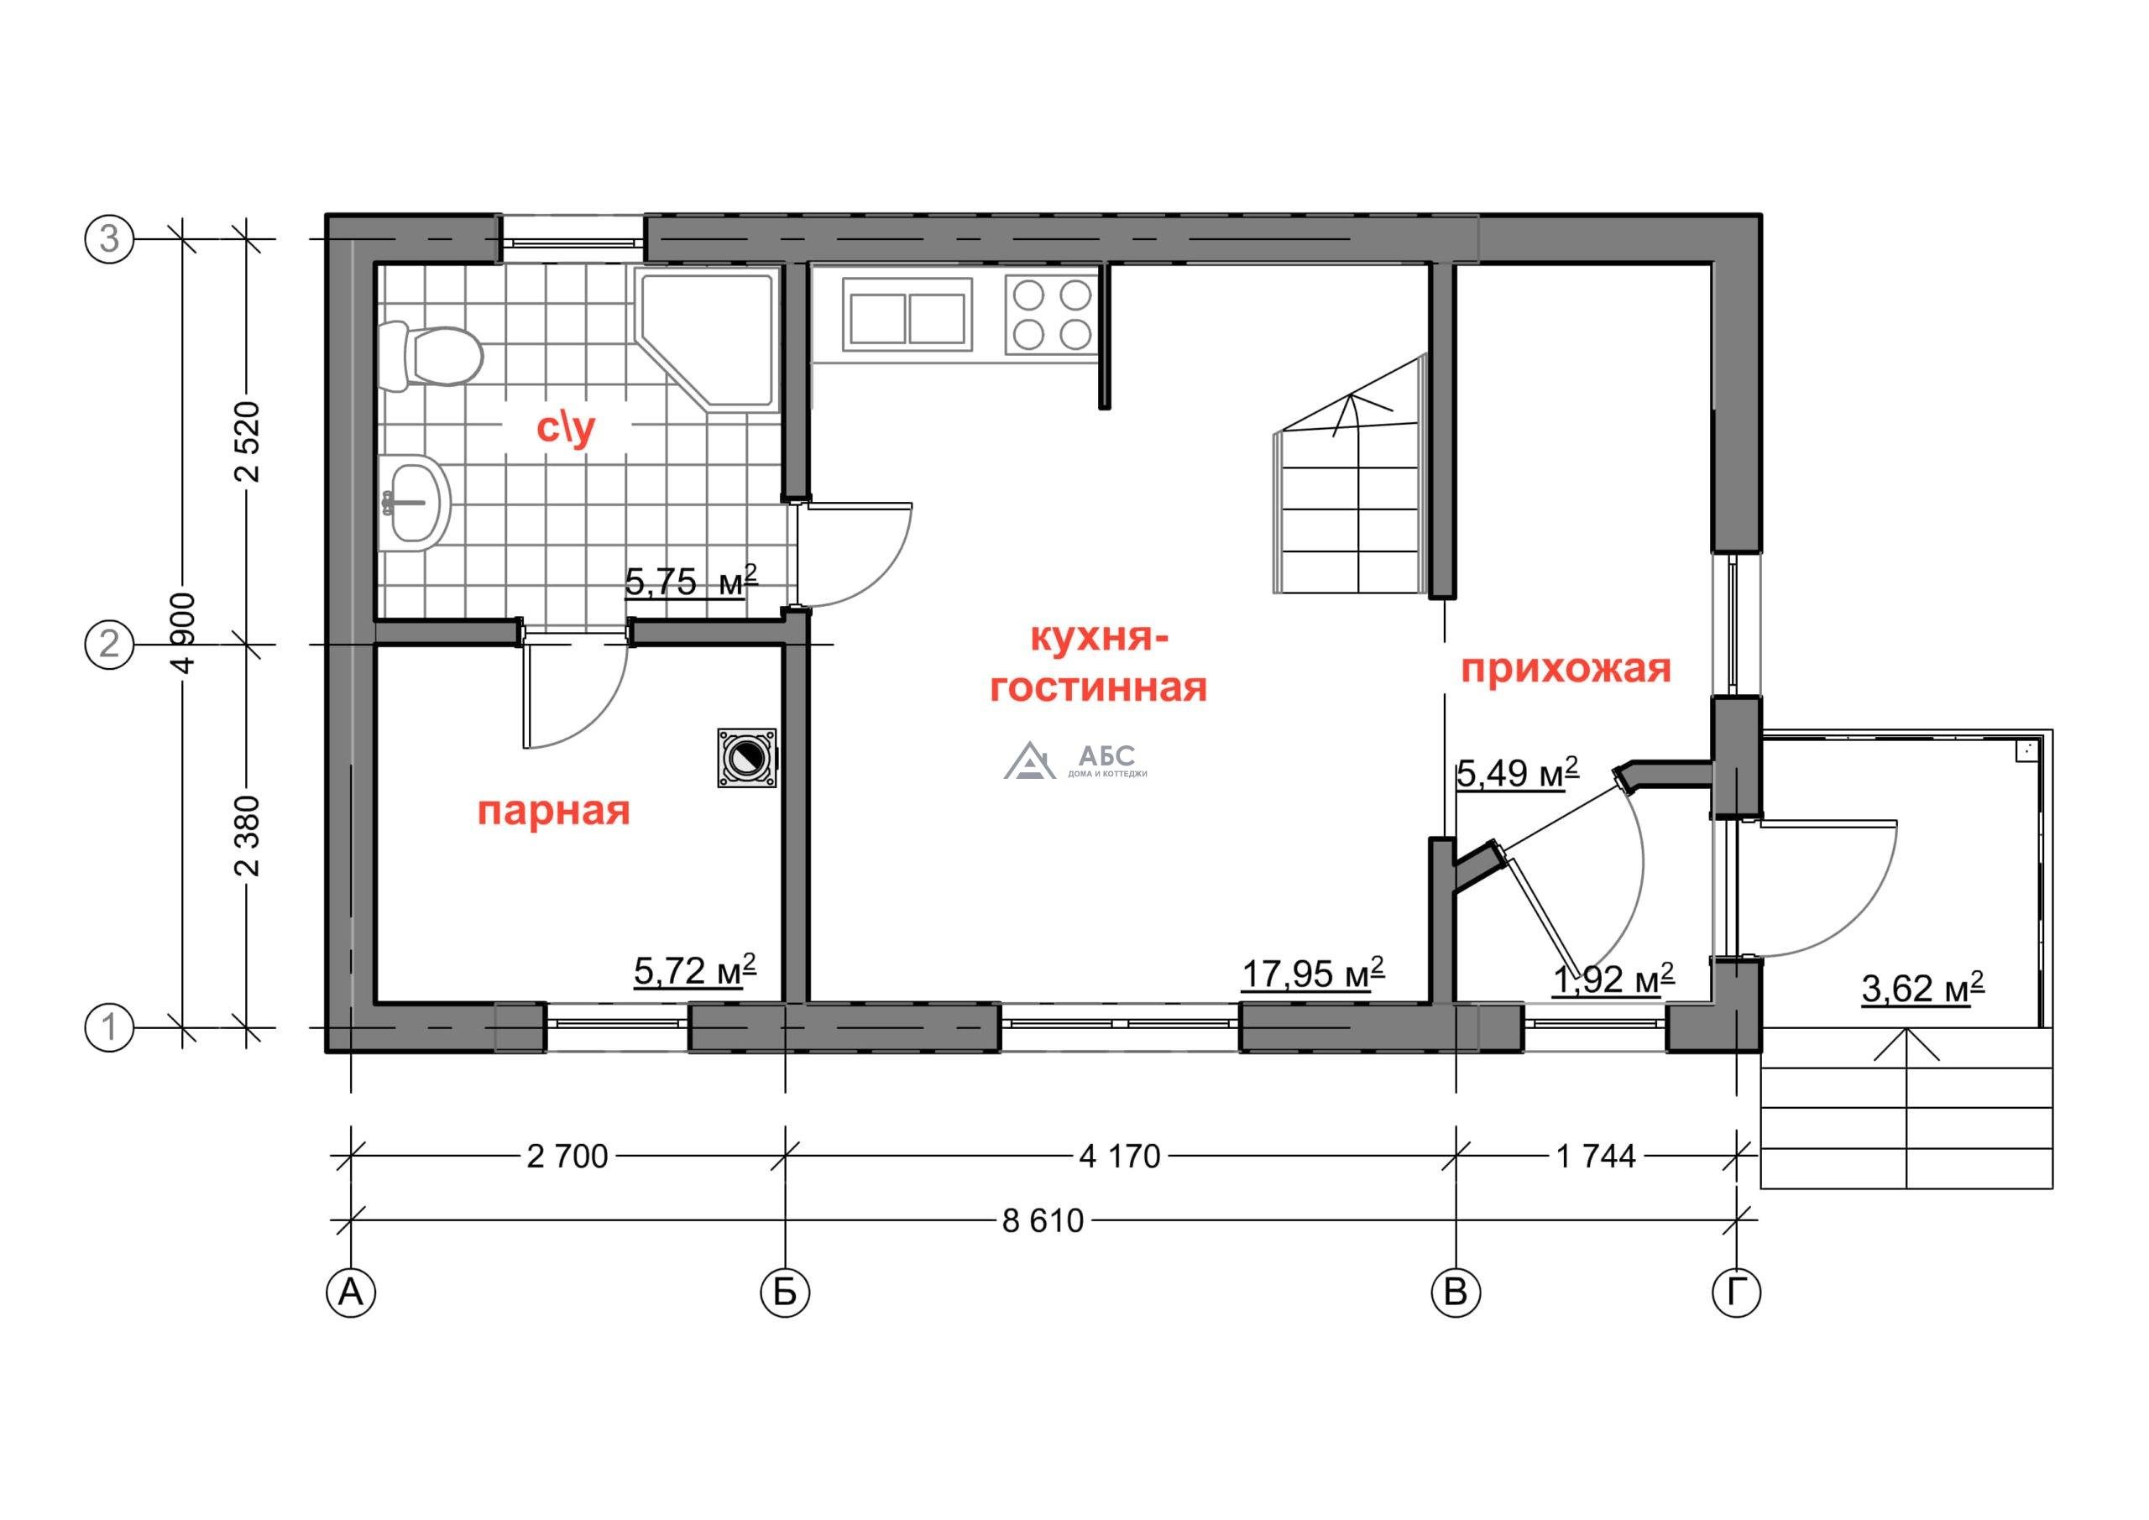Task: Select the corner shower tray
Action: click(x=707, y=338)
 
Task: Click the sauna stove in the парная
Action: click(x=747, y=758)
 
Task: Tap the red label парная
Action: click(x=554, y=812)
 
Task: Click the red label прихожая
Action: click(x=1566, y=669)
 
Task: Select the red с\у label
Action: click(x=567, y=429)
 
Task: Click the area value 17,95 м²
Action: click(x=1313, y=974)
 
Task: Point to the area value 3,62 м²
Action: click(x=1922, y=989)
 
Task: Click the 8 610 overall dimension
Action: click(x=1043, y=1220)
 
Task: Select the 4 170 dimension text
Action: click(x=1120, y=1157)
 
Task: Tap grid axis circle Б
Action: click(x=784, y=1293)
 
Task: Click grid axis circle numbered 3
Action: click(x=109, y=239)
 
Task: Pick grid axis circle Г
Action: click(x=1736, y=1293)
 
